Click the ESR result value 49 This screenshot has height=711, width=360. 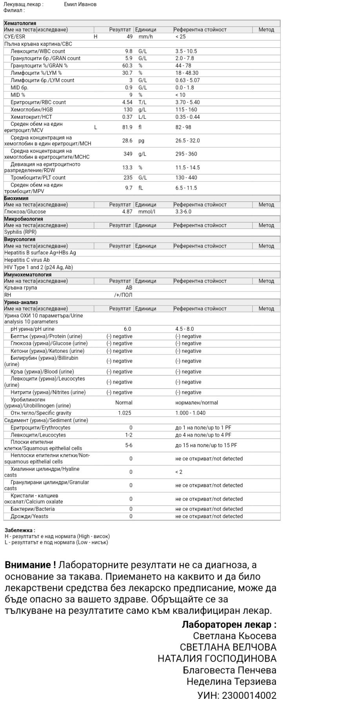[x=129, y=36]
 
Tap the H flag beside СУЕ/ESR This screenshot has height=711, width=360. [x=96, y=36]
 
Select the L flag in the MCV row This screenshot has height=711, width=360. [x=96, y=127]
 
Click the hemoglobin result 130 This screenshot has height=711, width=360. [x=128, y=110]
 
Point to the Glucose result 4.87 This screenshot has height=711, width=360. [x=127, y=212]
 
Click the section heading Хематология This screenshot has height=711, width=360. [x=20, y=23]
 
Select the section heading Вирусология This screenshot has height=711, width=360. [x=20, y=239]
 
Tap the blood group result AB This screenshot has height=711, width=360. [x=129, y=288]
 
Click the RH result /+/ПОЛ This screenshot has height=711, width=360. [x=123, y=295]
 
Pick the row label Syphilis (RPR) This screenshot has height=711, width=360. [x=20, y=232]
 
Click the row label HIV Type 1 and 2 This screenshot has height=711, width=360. [x=38, y=267]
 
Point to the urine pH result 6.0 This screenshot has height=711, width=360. [x=127, y=329]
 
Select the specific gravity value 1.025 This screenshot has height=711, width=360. [x=125, y=413]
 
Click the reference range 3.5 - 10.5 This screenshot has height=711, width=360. [x=186, y=51]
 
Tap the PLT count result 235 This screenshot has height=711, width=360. [x=128, y=178]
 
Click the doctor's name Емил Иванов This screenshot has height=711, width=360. [x=80, y=4]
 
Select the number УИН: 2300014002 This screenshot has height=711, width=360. [x=237, y=695]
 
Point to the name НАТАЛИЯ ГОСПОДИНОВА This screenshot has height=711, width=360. [x=217, y=658]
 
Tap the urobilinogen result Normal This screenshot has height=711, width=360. [x=124, y=403]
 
